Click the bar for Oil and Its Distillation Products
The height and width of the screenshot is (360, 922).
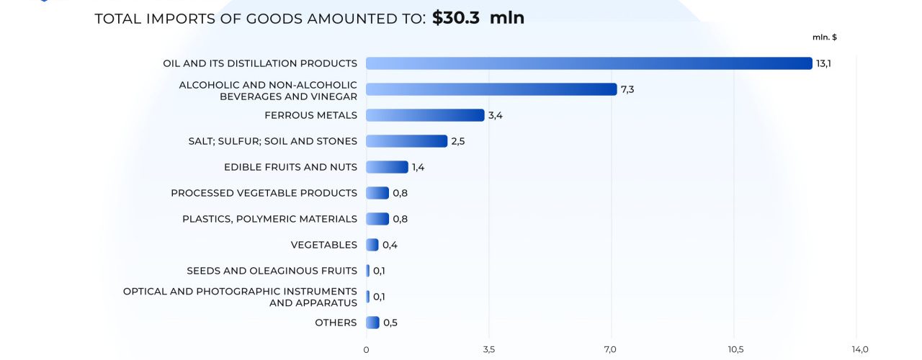coord(589,63)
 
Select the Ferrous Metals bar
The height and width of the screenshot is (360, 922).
coord(425,115)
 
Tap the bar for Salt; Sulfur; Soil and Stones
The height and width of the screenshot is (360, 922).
coord(406,141)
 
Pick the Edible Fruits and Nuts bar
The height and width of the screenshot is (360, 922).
coord(387,167)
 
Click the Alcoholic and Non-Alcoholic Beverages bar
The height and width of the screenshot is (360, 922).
coord(491,89)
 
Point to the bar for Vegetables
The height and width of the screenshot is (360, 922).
coord(372,245)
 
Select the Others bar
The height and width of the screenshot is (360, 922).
coord(372,323)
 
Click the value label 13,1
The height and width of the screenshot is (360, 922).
coord(823,63)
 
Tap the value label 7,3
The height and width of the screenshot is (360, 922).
coord(627,89)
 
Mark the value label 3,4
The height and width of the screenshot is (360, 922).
coord(495,115)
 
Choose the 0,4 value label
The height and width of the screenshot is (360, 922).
coord(390,245)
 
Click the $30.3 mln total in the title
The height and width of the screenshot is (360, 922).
coord(478,18)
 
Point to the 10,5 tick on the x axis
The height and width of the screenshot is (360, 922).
coord(735,350)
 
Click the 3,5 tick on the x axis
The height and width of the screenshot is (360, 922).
coord(488,350)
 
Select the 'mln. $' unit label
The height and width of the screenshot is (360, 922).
coord(824,37)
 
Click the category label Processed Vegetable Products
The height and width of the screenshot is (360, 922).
coord(264,193)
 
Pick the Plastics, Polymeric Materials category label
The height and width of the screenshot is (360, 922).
coord(269,219)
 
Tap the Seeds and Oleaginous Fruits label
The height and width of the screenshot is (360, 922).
coord(272,271)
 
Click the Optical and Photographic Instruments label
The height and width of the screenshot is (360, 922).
coord(240,297)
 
